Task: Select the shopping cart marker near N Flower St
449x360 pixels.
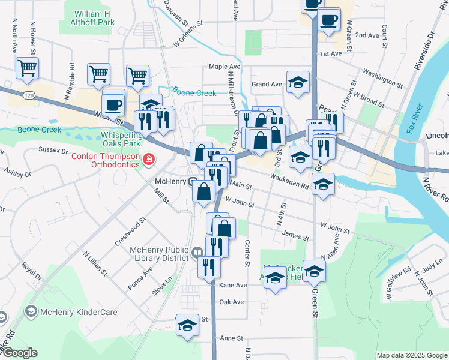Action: point(27,68)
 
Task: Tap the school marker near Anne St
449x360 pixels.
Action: point(187,326)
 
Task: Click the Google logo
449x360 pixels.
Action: point(19,353)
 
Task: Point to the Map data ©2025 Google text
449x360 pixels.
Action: point(412,355)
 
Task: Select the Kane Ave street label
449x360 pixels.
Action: point(233,285)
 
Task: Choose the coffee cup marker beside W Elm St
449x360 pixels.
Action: point(113,105)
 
